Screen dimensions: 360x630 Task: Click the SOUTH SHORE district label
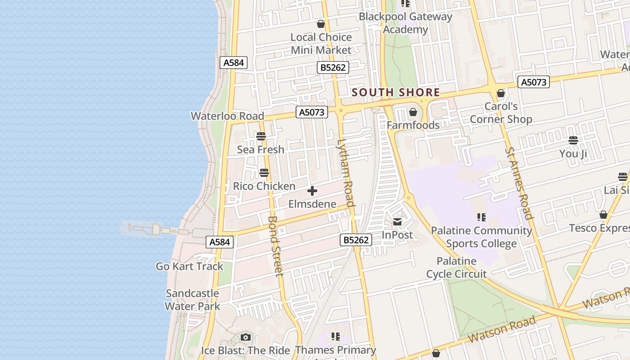click(x=396, y=93)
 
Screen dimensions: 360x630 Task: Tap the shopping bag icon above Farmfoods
click(x=413, y=112)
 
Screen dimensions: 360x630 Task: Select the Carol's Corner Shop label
click(x=501, y=113)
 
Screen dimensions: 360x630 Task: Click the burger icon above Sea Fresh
click(x=261, y=136)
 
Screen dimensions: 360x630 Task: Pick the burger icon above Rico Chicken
click(x=264, y=173)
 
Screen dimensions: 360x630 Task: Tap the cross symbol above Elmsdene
click(x=312, y=191)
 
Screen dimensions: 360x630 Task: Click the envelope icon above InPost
click(x=397, y=221)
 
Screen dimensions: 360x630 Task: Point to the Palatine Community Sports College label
click(x=481, y=237)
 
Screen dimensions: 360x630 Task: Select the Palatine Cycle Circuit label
click(x=456, y=267)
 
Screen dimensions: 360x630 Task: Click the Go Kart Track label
click(x=189, y=266)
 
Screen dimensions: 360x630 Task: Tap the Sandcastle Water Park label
click(x=192, y=300)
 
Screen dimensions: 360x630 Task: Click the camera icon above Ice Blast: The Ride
click(x=245, y=337)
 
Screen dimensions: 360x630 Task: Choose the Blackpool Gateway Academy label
click(x=405, y=23)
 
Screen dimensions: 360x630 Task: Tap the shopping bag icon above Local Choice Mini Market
click(x=321, y=24)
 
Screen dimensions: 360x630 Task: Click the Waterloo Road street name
click(x=227, y=116)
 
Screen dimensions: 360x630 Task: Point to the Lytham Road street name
click(x=346, y=173)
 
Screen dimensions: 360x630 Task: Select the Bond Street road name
click(x=275, y=246)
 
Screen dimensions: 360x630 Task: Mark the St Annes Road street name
click(x=519, y=183)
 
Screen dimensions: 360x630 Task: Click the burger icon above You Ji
click(x=573, y=140)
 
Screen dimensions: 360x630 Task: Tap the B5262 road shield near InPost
click(x=356, y=240)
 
